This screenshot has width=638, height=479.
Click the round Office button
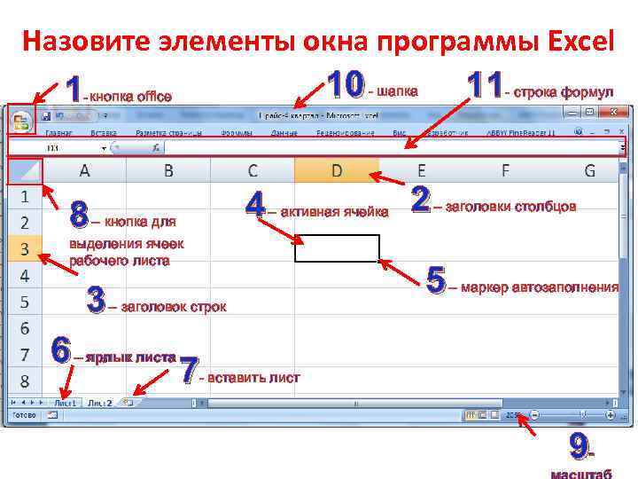[x=19, y=122]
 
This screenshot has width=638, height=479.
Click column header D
[x=337, y=170]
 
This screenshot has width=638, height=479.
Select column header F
[x=505, y=170]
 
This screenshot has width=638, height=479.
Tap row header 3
[x=25, y=248]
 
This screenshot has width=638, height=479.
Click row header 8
[x=25, y=381]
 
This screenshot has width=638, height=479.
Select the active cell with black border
[x=337, y=248]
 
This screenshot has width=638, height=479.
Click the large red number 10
[x=346, y=87]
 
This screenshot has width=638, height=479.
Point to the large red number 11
[x=485, y=87]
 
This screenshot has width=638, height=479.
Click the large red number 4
[x=255, y=208]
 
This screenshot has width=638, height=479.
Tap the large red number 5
[x=436, y=281]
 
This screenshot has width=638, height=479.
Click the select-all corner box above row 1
[x=24, y=170]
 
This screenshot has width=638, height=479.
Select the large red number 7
[x=188, y=371]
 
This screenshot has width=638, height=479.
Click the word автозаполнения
[x=565, y=287]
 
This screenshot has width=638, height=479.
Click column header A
[x=84, y=170]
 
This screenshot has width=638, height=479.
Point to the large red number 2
[x=421, y=200]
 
